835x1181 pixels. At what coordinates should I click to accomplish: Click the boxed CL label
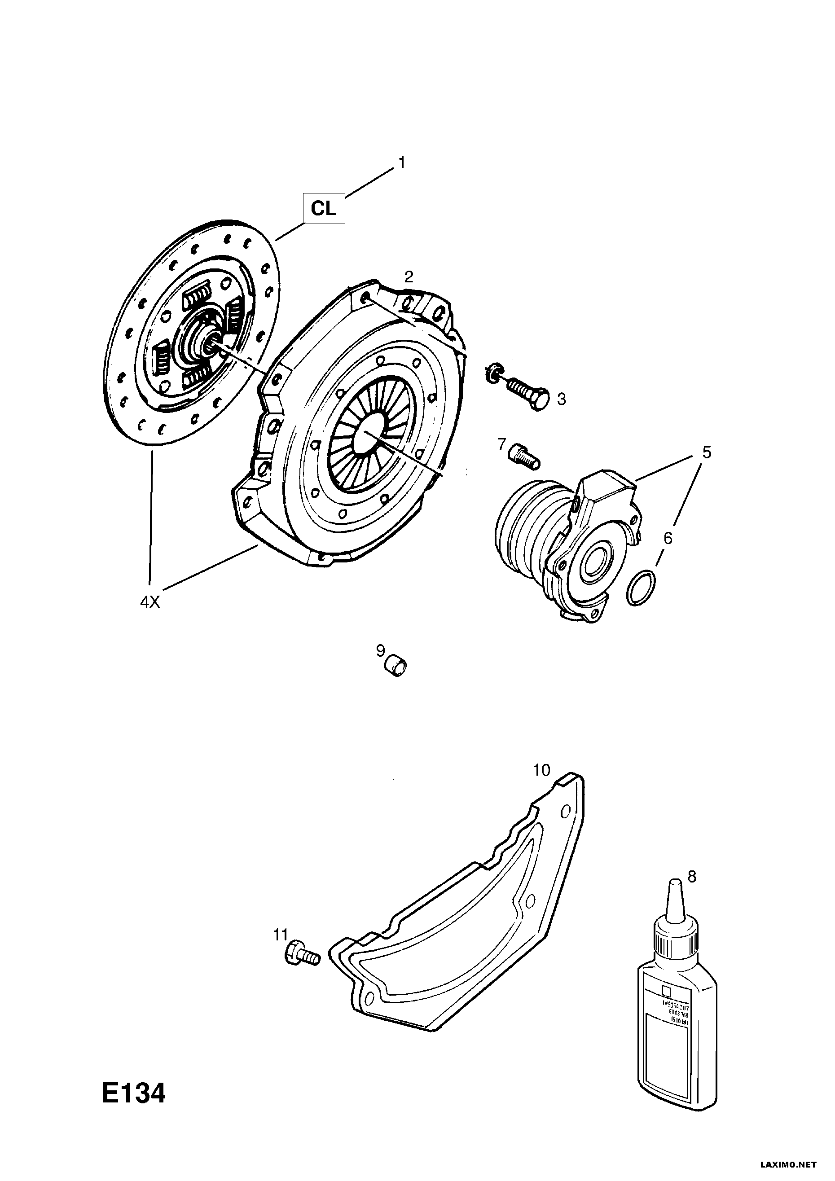324,209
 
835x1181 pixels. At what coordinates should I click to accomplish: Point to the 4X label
150,602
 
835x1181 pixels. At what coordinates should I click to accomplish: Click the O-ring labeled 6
641,588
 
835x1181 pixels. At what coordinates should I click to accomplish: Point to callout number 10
542,785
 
